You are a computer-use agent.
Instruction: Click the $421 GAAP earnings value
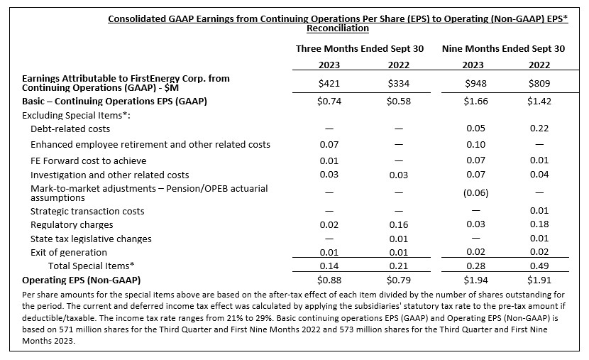pos(329,83)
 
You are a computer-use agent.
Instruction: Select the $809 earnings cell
pos(539,83)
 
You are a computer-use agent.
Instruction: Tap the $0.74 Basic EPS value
pos(329,101)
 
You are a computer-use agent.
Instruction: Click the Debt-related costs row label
pos(70,129)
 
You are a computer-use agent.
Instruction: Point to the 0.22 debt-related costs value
pos(539,128)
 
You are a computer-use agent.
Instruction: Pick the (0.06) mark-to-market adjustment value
pos(475,192)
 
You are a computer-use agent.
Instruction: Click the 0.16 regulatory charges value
pos(399,224)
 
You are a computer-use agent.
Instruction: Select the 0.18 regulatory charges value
pos(539,224)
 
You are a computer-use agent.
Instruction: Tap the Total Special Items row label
pos(92,266)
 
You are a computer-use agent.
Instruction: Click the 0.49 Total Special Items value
pos(539,266)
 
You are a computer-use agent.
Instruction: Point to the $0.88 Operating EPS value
pos(329,280)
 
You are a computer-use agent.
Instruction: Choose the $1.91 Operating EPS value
pos(539,280)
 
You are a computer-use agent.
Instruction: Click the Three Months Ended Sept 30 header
pos(360,49)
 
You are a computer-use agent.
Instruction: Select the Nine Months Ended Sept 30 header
pos(503,49)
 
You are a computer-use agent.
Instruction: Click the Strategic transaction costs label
pos(87,211)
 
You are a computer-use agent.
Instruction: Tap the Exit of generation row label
pos(69,253)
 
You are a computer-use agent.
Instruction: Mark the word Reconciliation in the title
pos(338,28)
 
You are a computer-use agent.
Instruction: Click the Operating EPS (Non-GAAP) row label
pos(81,280)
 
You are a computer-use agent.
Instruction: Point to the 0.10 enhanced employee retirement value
pos(475,145)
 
